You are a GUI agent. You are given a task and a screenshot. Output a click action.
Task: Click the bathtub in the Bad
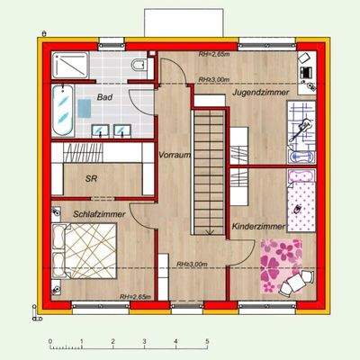pyautogui.click(x=62, y=112)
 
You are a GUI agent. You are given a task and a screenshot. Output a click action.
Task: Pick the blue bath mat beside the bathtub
pyautogui.click(x=84, y=109)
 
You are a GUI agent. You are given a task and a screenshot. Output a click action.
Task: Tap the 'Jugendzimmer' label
pyautogui.click(x=259, y=92)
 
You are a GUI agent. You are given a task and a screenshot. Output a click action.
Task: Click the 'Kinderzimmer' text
pyautogui.click(x=258, y=228)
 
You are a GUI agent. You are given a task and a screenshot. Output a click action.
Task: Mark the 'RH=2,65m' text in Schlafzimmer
pyautogui.click(x=137, y=296)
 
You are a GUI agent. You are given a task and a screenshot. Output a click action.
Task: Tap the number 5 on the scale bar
pyautogui.click(x=208, y=341)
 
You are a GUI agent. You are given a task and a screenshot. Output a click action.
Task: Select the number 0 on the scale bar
pyautogui.click(x=51, y=341)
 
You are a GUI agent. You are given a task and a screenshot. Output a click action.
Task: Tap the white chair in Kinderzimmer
pyautogui.click(x=290, y=286)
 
